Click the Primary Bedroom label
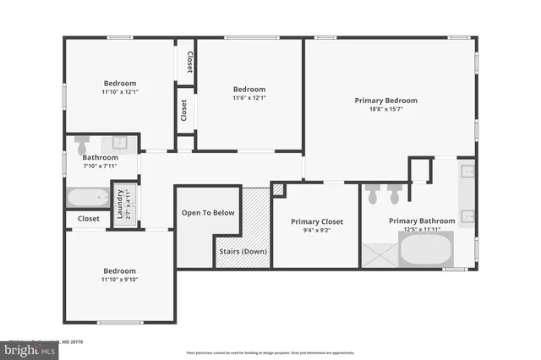pyautogui.click(x=386, y=101)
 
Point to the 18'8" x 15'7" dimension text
pyautogui.click(x=386, y=109)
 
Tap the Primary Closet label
pyautogui.click(x=316, y=221)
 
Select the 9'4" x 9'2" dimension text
pyautogui.click(x=316, y=230)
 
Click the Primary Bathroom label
pyautogui.click(x=422, y=221)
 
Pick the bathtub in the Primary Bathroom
pyautogui.click(x=426, y=250)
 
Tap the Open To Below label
pyautogui.click(x=208, y=213)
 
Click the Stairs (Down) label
pyautogui.click(x=243, y=252)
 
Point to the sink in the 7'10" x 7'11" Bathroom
pyautogui.click(x=119, y=141)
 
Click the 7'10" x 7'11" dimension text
pyautogui.click(x=100, y=166)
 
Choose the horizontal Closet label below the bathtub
pyautogui.click(x=89, y=219)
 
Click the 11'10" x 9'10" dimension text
pyautogui.click(x=119, y=280)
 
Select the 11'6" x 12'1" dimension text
pyautogui.click(x=249, y=98)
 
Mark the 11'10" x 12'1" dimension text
pyautogui.click(x=119, y=91)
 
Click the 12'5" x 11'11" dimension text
pyautogui.click(x=422, y=229)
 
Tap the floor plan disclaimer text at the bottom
pyautogui.click(x=270, y=352)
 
